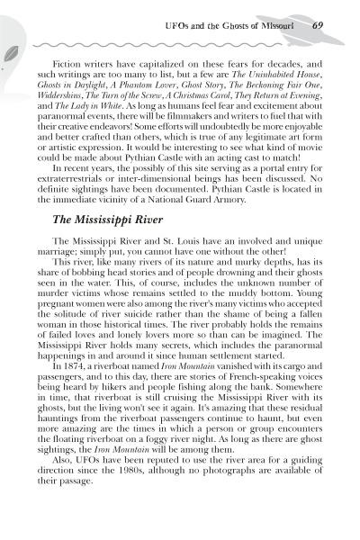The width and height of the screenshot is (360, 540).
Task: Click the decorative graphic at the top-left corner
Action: tap(13, 36)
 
